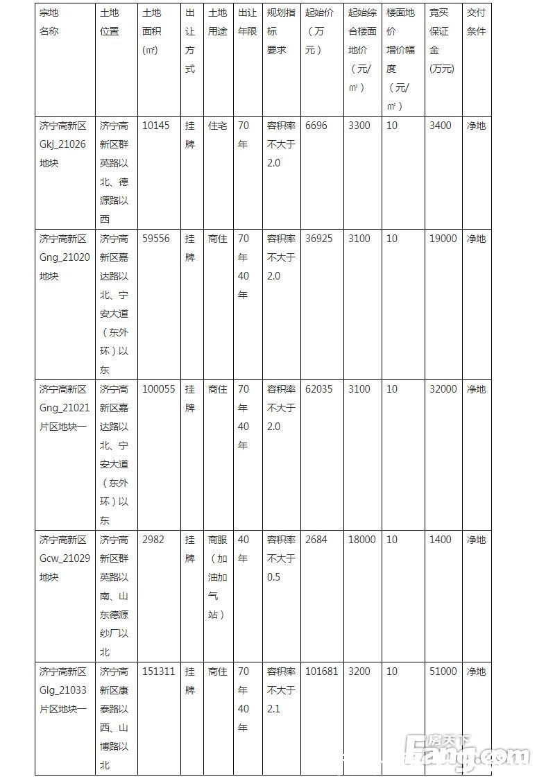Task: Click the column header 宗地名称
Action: [49, 22]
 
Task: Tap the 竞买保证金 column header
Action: [439, 40]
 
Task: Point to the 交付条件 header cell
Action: [476, 22]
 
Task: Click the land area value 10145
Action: [155, 126]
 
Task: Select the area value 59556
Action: [155, 239]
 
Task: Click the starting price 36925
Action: [318, 239]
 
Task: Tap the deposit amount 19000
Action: [443, 239]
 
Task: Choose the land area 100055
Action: [158, 389]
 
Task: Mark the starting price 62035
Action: [318, 389]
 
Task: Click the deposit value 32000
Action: [443, 389]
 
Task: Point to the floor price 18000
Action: [362, 540]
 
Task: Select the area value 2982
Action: [153, 540]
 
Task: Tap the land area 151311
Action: [158, 671]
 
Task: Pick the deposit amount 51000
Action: [443, 671]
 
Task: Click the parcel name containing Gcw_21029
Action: [64, 558]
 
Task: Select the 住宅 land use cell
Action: [217, 126]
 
